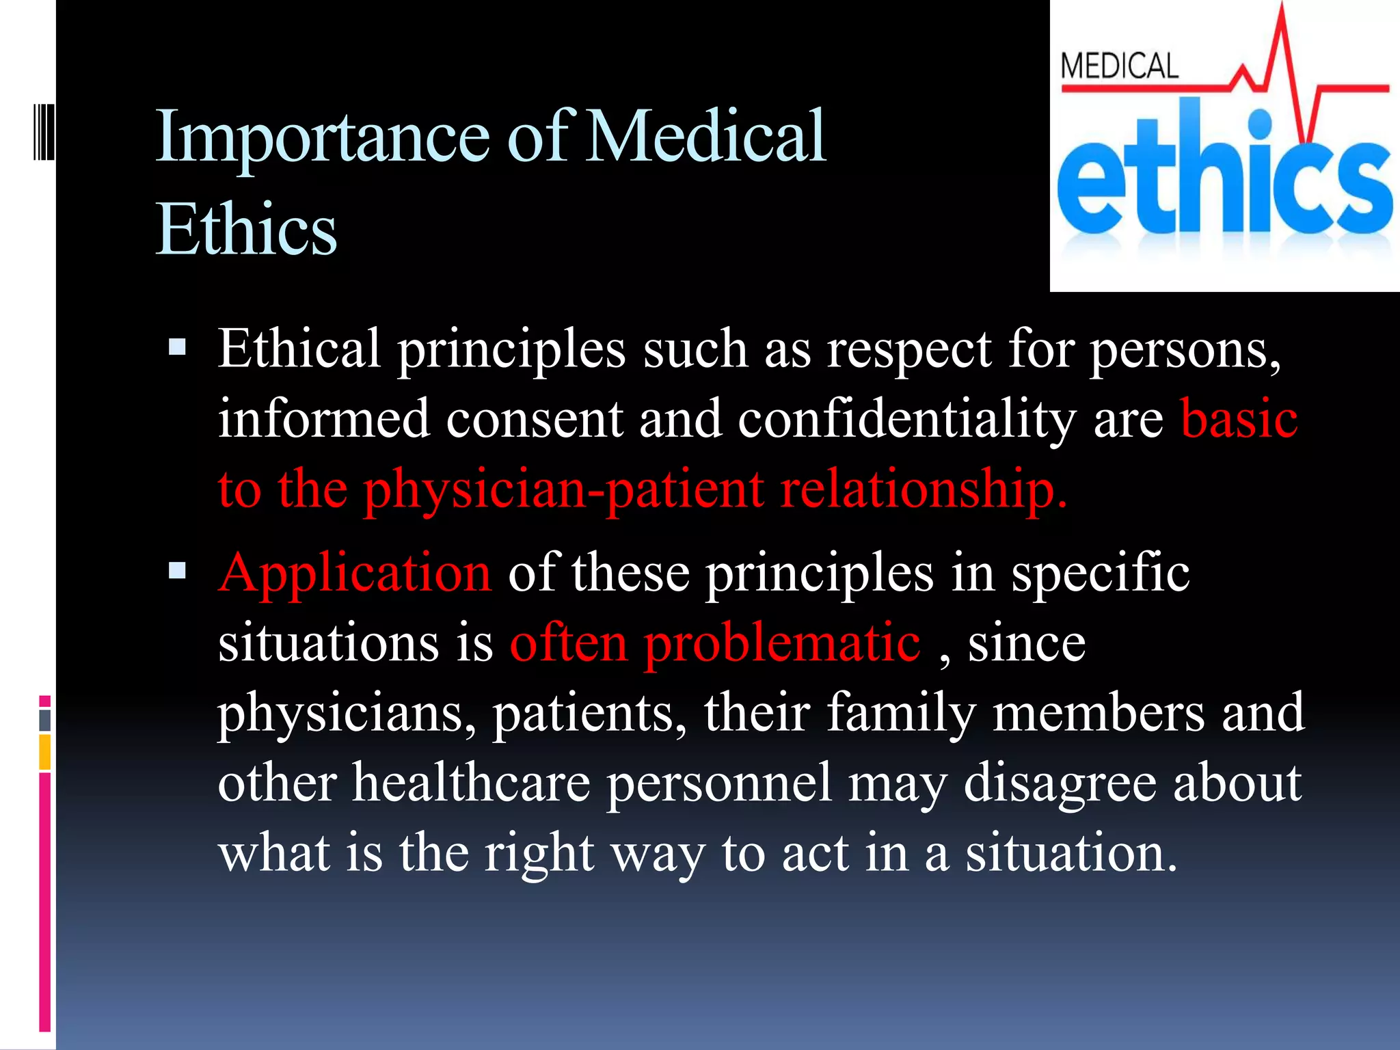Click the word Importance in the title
coord(322,137)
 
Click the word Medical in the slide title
coord(707,137)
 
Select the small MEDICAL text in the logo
coord(1119,67)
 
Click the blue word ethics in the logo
coord(1224,181)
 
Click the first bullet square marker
coord(177,347)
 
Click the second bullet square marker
coord(177,570)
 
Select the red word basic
coord(1239,418)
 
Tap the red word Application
coord(355,573)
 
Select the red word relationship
coord(923,489)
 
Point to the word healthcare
coord(472,783)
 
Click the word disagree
coord(1060,783)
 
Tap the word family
coord(901,713)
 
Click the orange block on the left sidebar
coord(45,752)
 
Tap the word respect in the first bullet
coord(909,349)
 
